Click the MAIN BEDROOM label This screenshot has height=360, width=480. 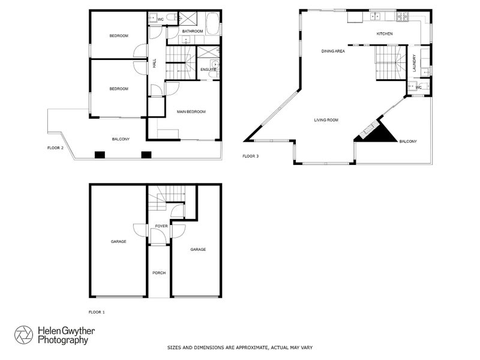pyautogui.click(x=191, y=112)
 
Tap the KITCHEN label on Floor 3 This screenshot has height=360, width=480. pyautogui.click(x=384, y=34)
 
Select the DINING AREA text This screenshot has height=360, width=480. pyautogui.click(x=333, y=52)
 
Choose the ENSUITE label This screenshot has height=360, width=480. pyautogui.click(x=208, y=69)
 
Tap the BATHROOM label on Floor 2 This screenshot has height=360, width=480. pyautogui.click(x=193, y=31)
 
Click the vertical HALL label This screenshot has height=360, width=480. pyautogui.click(x=154, y=62)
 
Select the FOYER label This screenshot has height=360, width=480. pyautogui.click(x=161, y=226)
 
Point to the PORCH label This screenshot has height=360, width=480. pyautogui.click(x=159, y=273)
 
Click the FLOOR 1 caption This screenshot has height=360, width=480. pyautogui.click(x=97, y=312)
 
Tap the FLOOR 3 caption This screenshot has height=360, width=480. pyautogui.click(x=251, y=156)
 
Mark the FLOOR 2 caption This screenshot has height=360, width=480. pyautogui.click(x=55, y=147)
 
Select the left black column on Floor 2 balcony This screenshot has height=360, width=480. pyautogui.click(x=100, y=155)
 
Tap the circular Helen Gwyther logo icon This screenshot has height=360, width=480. pyautogui.click(x=25, y=335)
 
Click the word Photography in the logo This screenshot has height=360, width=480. pyautogui.click(x=63, y=340)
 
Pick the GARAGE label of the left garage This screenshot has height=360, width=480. pyautogui.click(x=118, y=242)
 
